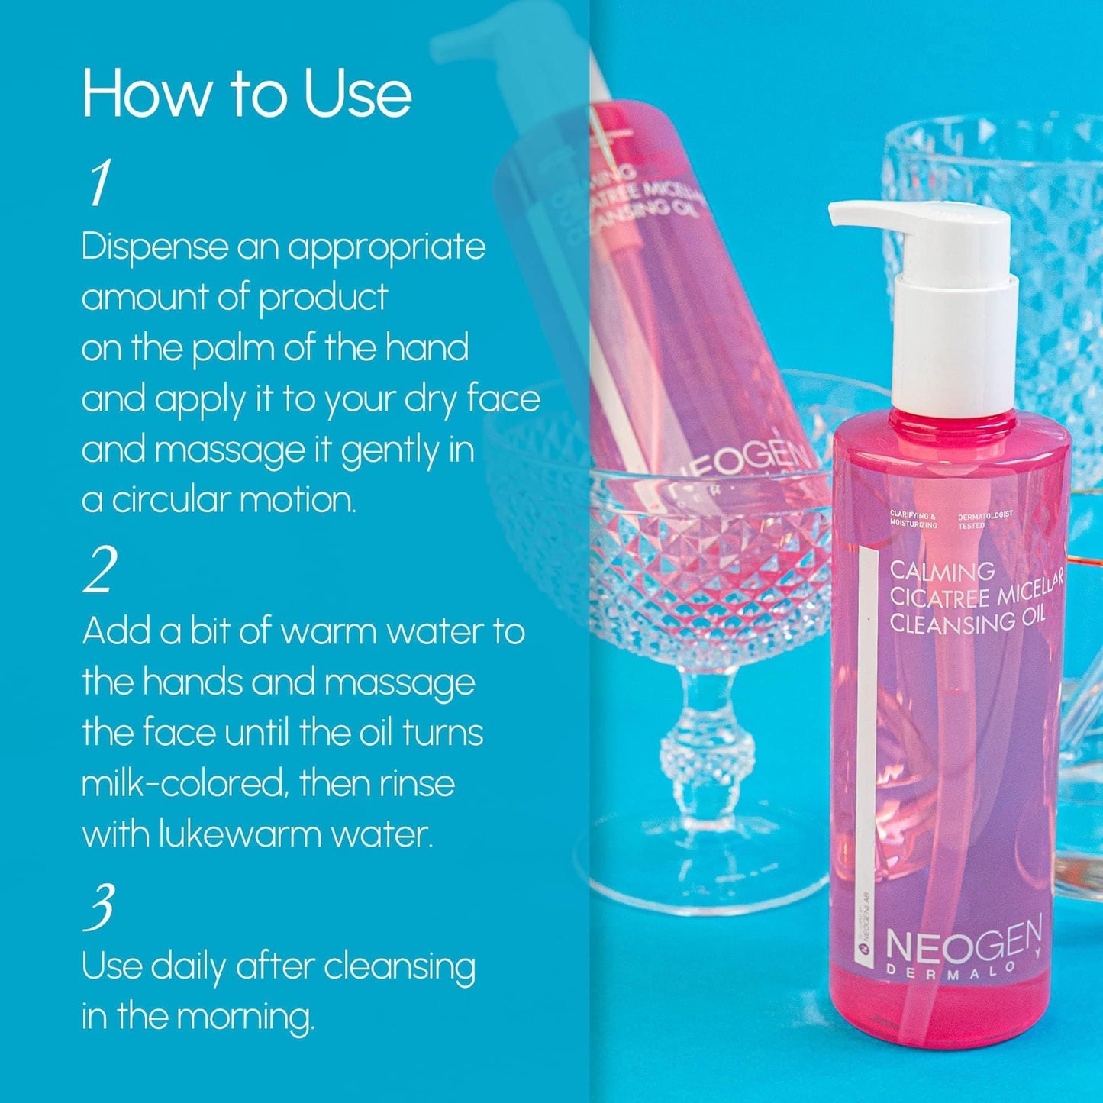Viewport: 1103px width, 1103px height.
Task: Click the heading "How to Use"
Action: [x=247, y=94]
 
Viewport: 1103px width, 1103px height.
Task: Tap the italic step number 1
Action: [x=100, y=183]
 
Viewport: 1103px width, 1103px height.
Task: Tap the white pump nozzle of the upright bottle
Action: [x=870, y=215]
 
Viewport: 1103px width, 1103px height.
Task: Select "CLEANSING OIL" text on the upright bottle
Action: [x=966, y=623]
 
